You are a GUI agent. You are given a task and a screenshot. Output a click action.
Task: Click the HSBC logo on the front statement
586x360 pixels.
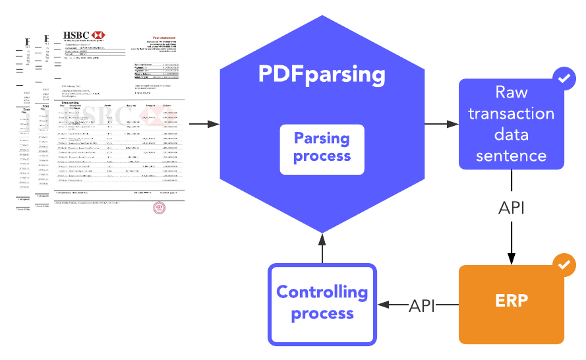point(84,35)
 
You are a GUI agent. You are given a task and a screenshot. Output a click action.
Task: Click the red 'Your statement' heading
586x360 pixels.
point(165,38)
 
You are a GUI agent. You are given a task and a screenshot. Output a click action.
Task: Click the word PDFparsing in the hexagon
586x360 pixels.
point(322,73)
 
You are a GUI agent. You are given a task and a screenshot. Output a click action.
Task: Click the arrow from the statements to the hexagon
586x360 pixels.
point(204,124)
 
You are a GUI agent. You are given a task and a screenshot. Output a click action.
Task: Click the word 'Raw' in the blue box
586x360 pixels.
point(512,92)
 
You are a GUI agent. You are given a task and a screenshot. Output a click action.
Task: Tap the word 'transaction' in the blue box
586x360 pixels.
point(512,113)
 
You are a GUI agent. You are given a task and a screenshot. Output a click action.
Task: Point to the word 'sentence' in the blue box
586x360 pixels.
point(512,156)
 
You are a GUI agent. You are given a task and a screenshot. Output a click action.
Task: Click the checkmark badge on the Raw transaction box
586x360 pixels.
point(564,78)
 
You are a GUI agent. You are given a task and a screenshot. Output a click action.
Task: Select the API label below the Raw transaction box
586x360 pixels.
point(512,208)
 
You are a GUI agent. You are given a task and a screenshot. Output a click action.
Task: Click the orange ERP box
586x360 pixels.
point(512,304)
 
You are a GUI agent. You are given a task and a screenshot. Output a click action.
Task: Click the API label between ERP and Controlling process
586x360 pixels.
point(422,305)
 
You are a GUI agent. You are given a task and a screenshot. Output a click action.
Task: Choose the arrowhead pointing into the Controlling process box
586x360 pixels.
point(382,305)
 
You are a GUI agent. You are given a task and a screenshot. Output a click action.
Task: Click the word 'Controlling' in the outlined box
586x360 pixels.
point(322,292)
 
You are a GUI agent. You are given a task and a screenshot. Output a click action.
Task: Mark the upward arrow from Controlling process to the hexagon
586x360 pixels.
point(322,248)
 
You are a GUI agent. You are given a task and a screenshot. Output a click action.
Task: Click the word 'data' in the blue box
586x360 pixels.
point(512,135)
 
